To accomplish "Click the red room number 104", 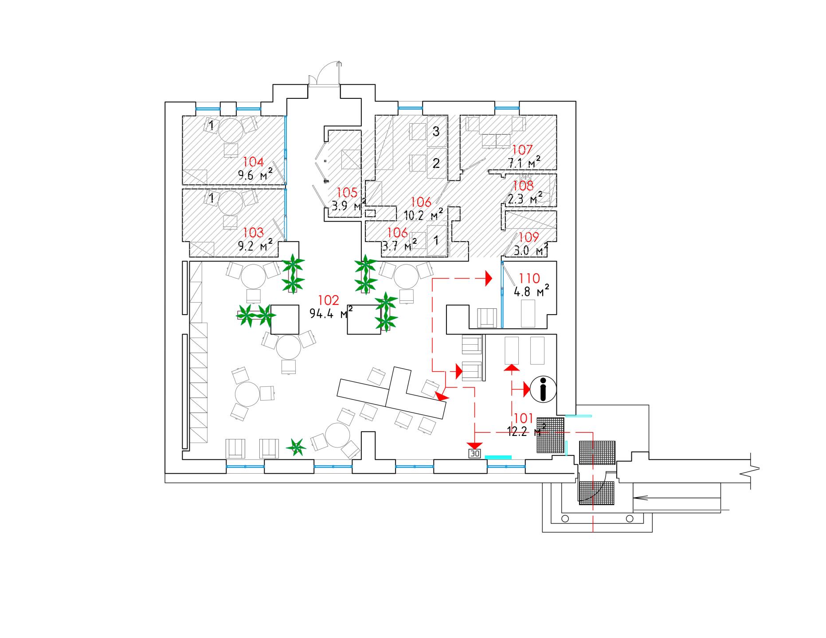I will click(253, 162).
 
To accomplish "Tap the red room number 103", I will click(253, 232).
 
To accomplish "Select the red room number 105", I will click(347, 192).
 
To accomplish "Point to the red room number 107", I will click(522, 150).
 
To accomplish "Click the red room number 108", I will click(523, 185).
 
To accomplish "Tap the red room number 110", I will click(529, 278).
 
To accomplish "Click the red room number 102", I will click(329, 300).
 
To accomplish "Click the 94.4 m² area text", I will click(331, 314).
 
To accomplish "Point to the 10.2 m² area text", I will click(423, 215).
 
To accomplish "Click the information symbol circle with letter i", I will click(543, 389).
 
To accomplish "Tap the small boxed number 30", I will click(475, 454).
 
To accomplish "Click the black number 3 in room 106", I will click(436, 131).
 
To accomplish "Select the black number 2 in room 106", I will click(436, 163).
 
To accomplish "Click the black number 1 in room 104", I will click(211, 126).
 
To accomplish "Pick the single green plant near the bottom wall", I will click(296, 447).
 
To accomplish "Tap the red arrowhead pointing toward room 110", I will click(489, 278).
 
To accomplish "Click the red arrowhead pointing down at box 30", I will click(475, 445).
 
